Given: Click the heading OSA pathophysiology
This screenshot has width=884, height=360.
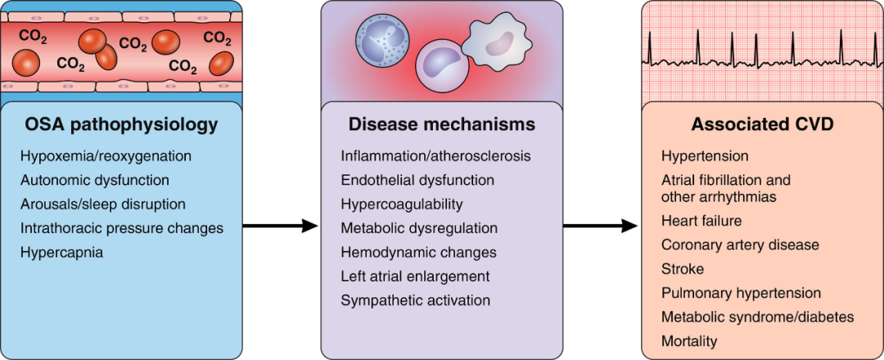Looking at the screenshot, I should pos(122,125).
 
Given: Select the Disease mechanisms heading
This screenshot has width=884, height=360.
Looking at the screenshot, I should pos(442,125).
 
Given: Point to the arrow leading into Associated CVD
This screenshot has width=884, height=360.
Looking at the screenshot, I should pos(601,226).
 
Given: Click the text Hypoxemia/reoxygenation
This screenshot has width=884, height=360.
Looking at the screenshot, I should pos(106,155).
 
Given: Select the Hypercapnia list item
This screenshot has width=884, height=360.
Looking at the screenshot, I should pos(62,252).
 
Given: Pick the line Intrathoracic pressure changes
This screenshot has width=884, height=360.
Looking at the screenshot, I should pos(122,227).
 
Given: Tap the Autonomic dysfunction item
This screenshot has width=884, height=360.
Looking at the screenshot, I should pos(95,179).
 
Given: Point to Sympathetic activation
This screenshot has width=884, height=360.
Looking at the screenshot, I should pos(416,300).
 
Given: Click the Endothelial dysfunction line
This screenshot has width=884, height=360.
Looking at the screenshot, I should pos(417,179).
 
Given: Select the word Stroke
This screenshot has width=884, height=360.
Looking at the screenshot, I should pos(683,268).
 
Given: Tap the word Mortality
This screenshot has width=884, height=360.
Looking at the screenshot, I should pos(689,341).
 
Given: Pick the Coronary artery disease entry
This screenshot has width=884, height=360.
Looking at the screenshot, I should pos(740,245).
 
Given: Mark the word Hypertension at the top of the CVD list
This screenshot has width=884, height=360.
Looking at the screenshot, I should pos(705,155).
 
